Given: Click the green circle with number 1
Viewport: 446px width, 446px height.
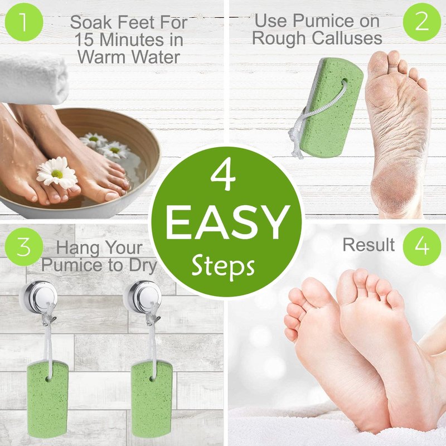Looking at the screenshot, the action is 24,22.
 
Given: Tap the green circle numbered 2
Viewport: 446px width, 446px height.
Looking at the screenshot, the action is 422,22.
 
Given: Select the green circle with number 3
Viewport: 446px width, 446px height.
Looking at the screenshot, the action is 24,246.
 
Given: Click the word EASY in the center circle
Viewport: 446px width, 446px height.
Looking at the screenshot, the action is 227,222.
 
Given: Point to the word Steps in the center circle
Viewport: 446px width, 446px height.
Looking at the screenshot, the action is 224,266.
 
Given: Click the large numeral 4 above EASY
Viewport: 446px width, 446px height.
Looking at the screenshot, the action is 224,176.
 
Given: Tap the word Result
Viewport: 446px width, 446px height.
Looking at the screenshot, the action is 369,245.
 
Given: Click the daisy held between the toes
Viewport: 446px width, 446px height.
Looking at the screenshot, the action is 57,172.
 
